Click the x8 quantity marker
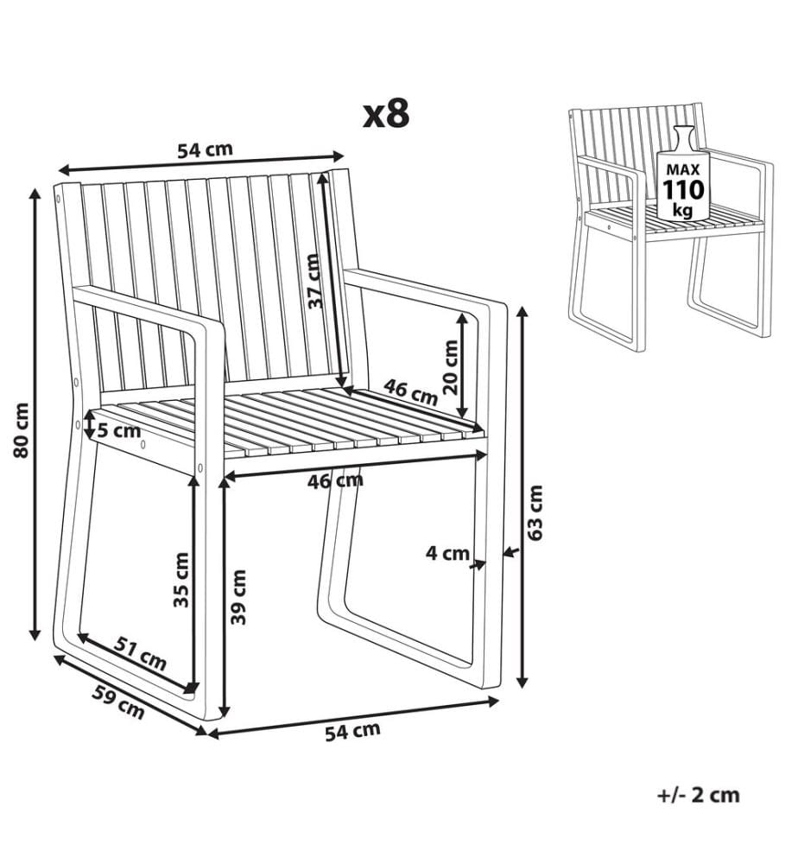(386, 114)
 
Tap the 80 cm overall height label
(22, 430)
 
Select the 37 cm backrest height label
(313, 281)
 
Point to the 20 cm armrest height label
(451, 366)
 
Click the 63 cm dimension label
(535, 512)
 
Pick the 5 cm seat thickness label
(119, 429)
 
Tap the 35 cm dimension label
(181, 580)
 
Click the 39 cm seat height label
(238, 597)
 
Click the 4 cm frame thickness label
(447, 553)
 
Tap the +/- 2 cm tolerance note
(699, 795)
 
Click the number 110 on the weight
(683, 190)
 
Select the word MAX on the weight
(683, 169)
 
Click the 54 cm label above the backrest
(205, 149)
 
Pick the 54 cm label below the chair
(352, 731)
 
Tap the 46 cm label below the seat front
(335, 481)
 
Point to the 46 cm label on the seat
(410, 391)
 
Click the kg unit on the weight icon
(683, 210)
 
